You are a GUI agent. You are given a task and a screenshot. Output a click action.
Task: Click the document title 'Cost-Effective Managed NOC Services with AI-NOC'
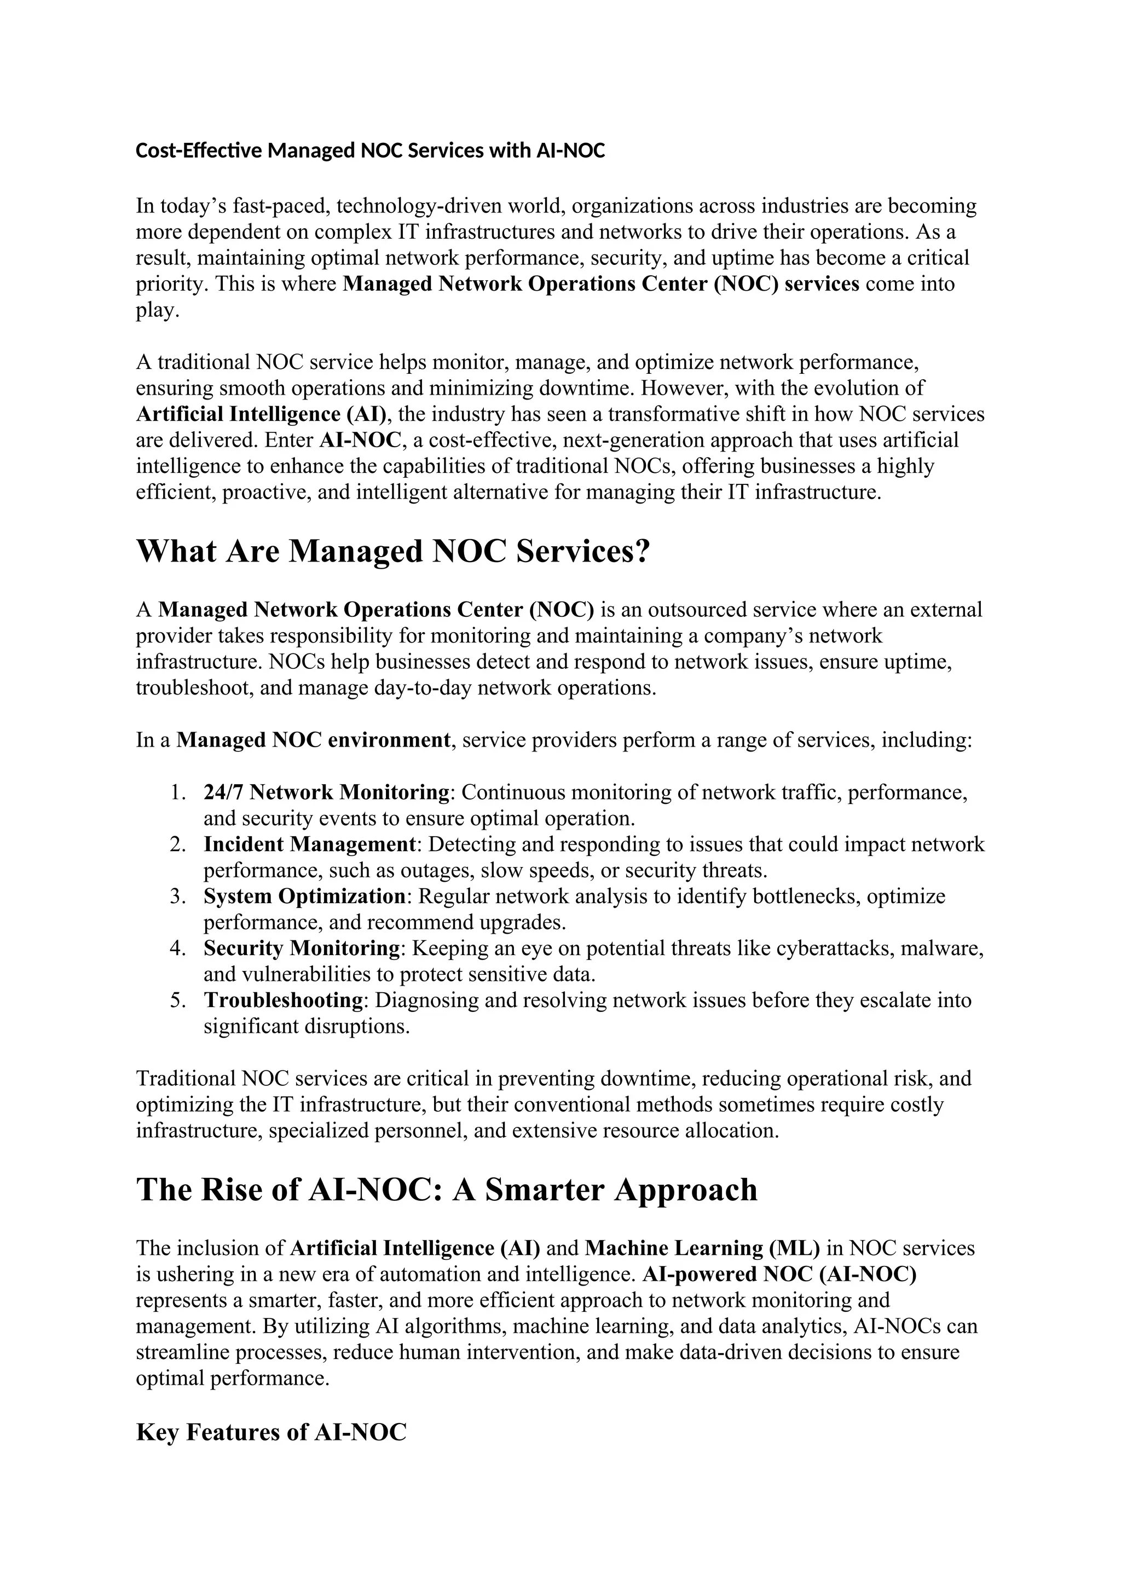(x=370, y=151)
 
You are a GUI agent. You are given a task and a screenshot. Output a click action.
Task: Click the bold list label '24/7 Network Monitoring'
(x=326, y=792)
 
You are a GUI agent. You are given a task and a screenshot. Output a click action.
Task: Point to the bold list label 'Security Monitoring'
(x=302, y=948)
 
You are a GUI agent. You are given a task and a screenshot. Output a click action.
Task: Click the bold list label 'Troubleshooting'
(x=284, y=1000)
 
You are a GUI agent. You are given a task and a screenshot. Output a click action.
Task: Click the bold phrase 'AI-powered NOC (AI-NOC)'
(x=779, y=1274)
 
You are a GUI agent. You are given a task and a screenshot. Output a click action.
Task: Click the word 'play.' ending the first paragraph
(x=158, y=311)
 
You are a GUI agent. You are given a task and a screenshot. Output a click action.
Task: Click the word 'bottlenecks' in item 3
(x=806, y=896)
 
